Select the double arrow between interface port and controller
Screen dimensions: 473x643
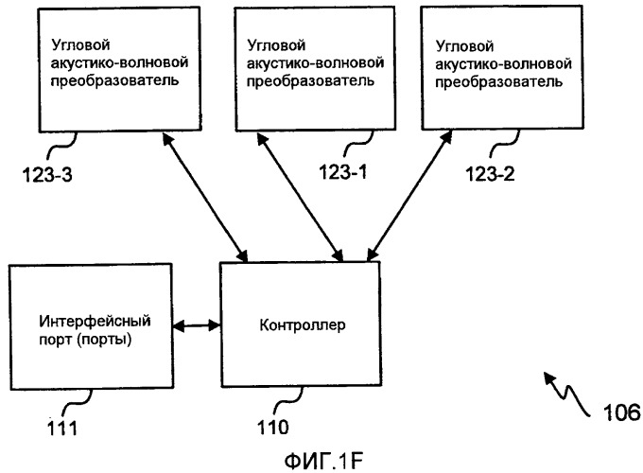[198, 327]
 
